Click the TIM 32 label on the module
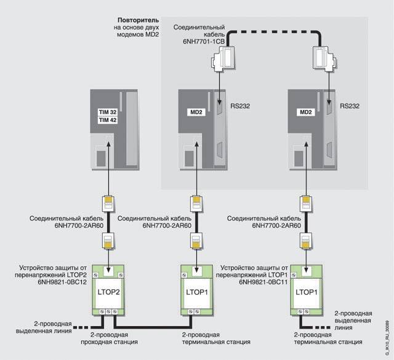tap(108, 114)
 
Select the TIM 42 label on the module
tap(108, 121)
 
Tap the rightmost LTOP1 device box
tap(305, 289)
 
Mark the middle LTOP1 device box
tap(196, 289)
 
